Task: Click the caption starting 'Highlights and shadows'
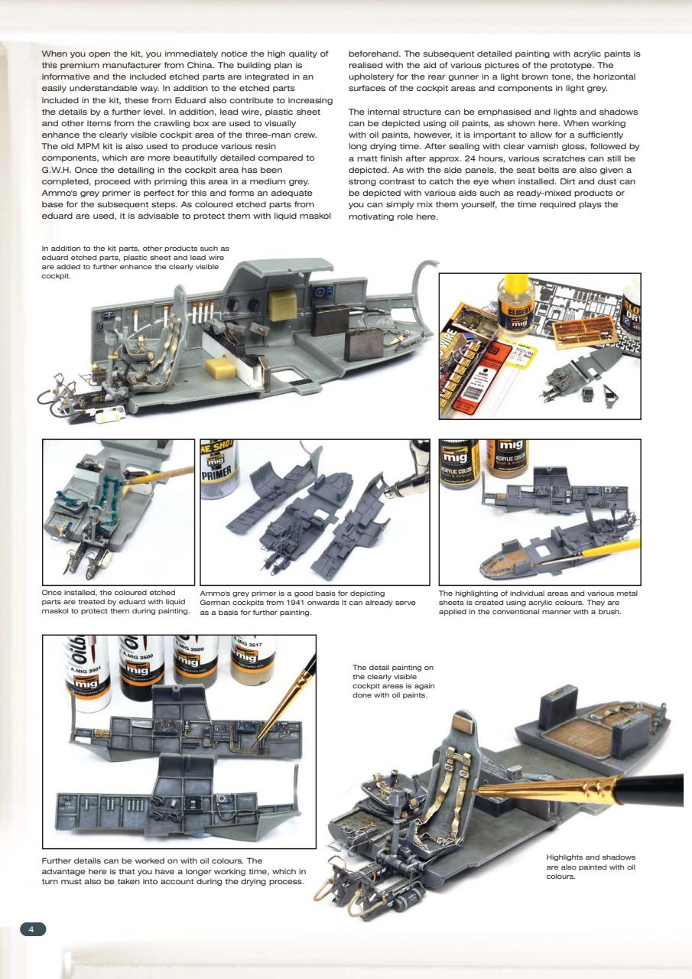tap(590, 867)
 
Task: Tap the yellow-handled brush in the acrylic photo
tap(596, 551)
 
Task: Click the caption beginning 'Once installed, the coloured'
tap(116, 601)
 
